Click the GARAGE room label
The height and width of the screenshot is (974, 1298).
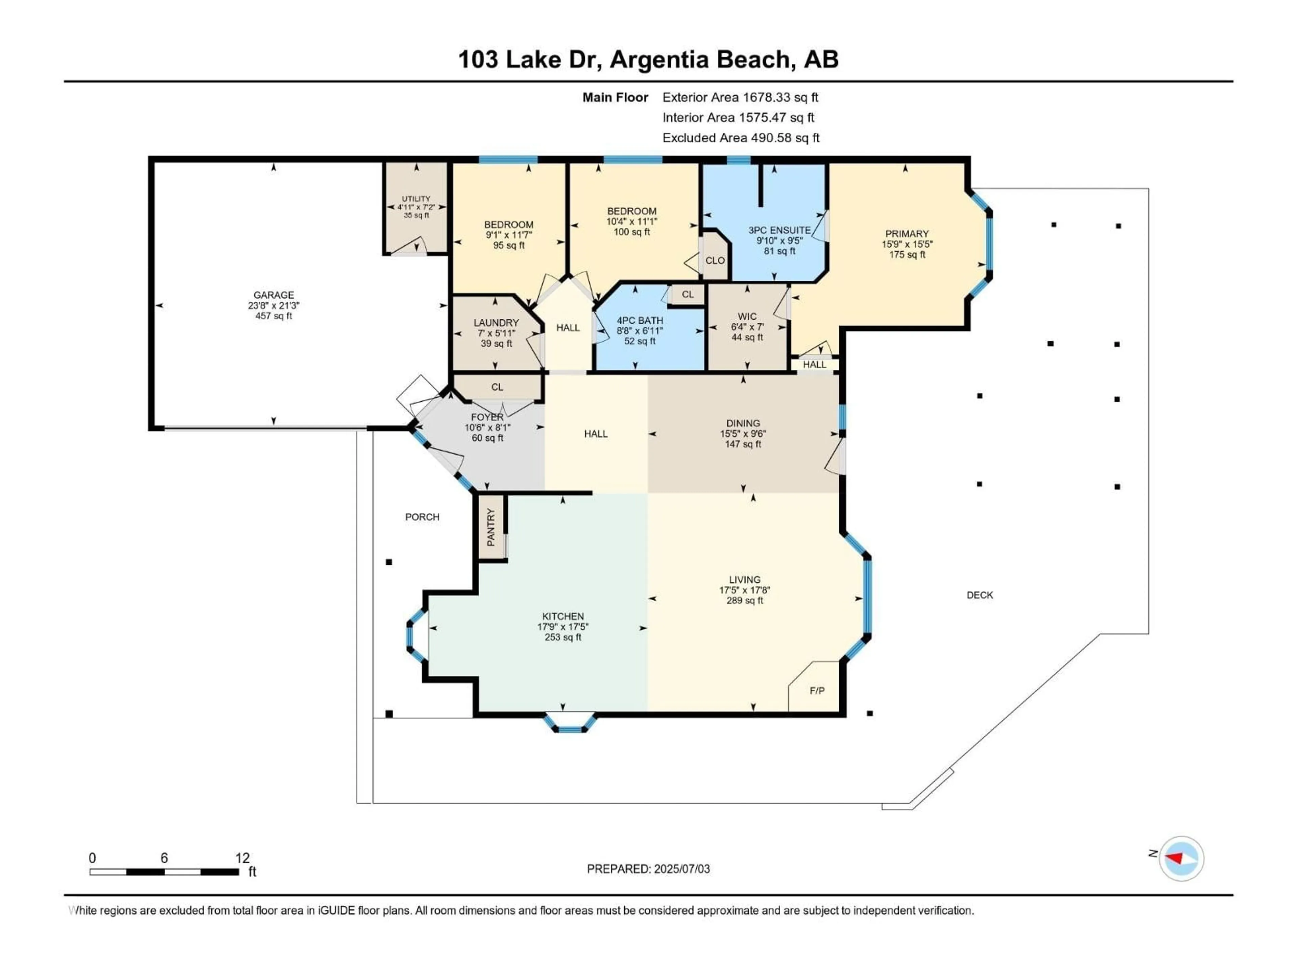coord(273,295)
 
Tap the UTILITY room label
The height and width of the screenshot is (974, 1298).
coord(416,199)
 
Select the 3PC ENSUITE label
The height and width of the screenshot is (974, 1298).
coord(779,230)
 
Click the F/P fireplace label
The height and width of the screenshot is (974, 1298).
coord(817,691)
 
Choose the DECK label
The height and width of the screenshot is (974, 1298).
coord(979,595)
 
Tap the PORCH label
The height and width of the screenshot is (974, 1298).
coord(422,517)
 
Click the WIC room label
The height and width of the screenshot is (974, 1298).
coord(747,317)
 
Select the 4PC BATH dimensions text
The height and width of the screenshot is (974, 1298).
coord(640,330)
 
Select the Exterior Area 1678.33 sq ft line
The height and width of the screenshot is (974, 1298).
coord(740,97)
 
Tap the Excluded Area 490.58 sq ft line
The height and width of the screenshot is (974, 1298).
coord(741,138)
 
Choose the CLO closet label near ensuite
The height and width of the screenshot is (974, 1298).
coord(715,260)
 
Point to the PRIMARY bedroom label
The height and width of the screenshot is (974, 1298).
coord(907,234)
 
